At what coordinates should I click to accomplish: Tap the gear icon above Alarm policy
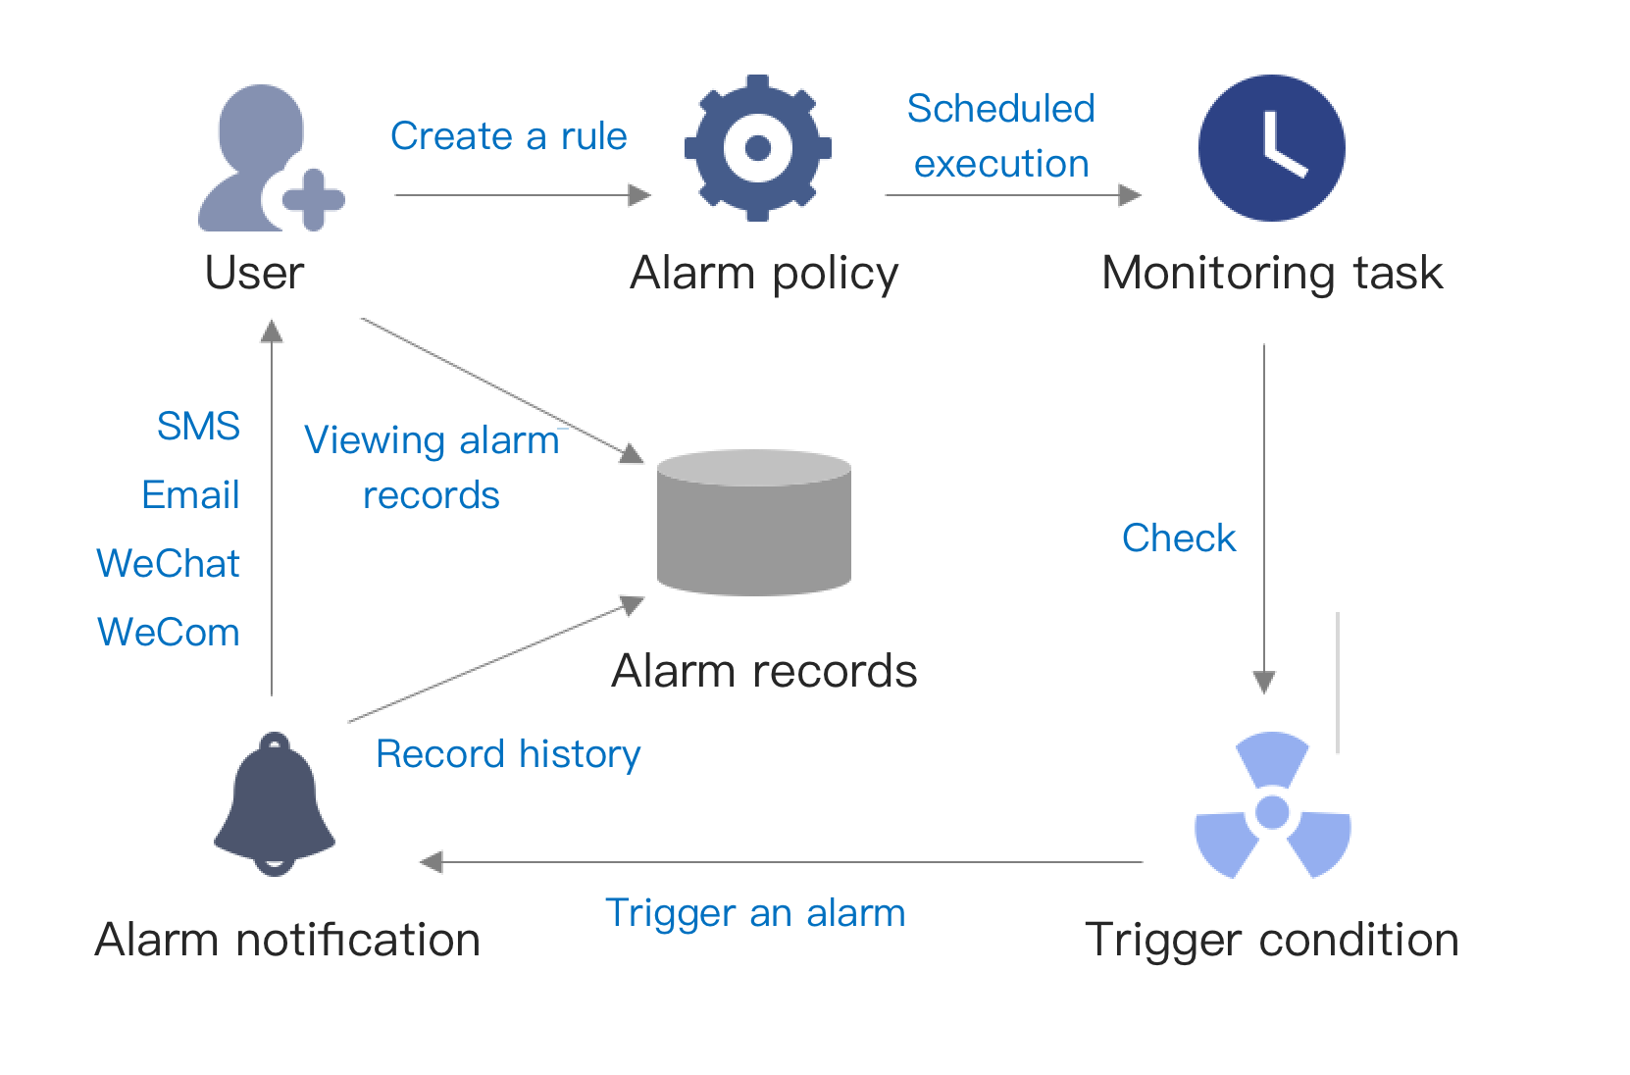click(x=757, y=148)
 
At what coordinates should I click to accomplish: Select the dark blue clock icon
click(x=1271, y=148)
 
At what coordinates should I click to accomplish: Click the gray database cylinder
click(x=753, y=522)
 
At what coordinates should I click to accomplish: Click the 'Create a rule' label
click(x=508, y=136)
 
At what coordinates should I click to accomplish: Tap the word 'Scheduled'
click(x=1000, y=109)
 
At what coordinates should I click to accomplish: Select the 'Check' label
click(x=1178, y=538)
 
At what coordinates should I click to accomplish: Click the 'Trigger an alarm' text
click(x=755, y=913)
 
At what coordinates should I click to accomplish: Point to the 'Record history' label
click(x=508, y=754)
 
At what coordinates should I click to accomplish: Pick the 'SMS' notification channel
click(x=198, y=427)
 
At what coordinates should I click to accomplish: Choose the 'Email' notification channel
click(x=190, y=495)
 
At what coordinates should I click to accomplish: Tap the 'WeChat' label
click(x=168, y=564)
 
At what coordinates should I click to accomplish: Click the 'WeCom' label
click(x=168, y=633)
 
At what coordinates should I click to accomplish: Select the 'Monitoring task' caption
click(x=1272, y=273)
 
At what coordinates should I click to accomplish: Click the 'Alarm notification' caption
click(x=287, y=940)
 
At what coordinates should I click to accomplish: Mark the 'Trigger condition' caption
click(x=1272, y=940)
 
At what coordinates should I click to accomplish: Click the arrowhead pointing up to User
click(x=272, y=332)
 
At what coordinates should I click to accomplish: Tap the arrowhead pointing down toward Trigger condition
click(x=1264, y=682)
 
